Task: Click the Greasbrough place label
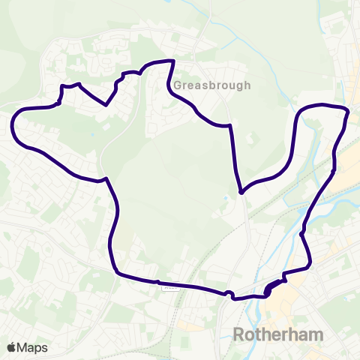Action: (x=212, y=85)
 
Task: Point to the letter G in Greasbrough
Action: (x=178, y=85)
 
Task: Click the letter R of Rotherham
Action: (x=239, y=334)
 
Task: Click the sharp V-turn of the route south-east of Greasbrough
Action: (x=241, y=193)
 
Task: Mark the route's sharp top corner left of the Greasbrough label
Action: (x=174, y=61)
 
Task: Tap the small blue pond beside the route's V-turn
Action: (x=226, y=199)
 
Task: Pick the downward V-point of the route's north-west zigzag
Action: (x=107, y=105)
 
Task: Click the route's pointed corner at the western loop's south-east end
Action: (x=107, y=178)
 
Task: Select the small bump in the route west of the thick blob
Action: (x=229, y=292)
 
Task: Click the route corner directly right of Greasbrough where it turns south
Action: (x=229, y=127)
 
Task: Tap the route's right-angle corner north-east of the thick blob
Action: (x=309, y=266)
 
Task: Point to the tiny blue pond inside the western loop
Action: (x=92, y=135)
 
